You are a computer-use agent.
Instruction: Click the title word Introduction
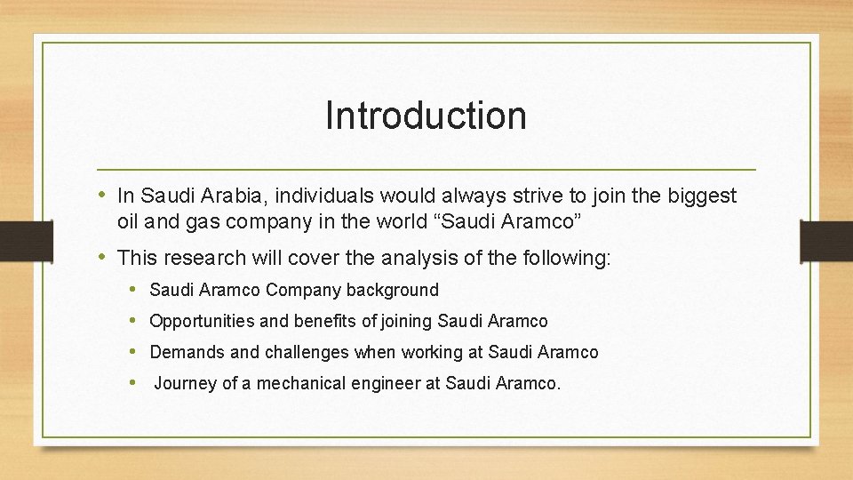coord(426,116)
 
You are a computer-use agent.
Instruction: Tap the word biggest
coord(703,196)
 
